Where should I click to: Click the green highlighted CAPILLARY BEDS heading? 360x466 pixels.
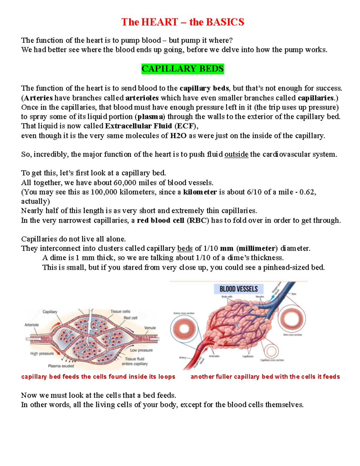coord(182,69)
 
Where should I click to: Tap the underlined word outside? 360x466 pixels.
coord(236,154)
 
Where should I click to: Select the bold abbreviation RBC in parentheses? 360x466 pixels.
coord(198,221)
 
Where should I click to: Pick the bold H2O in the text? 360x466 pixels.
coord(178,136)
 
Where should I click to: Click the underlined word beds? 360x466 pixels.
coord(185,248)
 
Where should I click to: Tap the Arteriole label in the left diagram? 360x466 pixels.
coord(31,325)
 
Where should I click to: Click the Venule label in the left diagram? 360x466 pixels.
coord(150,328)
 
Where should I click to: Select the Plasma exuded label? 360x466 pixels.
coord(61,366)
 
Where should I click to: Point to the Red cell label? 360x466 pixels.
coord(130,318)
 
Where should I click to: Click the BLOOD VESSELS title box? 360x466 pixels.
coord(238,289)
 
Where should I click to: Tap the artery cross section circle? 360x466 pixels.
coord(184,329)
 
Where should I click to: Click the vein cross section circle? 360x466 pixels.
coord(292,318)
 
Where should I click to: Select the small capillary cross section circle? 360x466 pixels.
coord(271,351)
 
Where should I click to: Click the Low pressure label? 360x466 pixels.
coord(141,350)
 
